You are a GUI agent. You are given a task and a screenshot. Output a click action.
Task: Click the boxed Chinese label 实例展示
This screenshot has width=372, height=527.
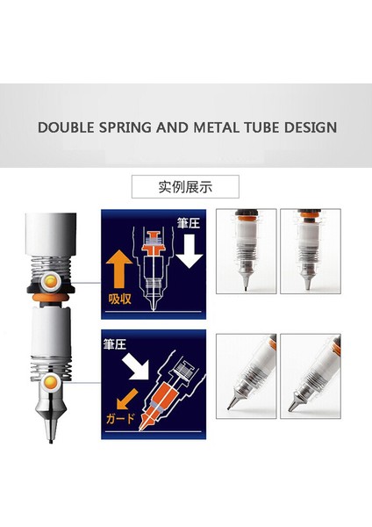coord(186,186)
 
